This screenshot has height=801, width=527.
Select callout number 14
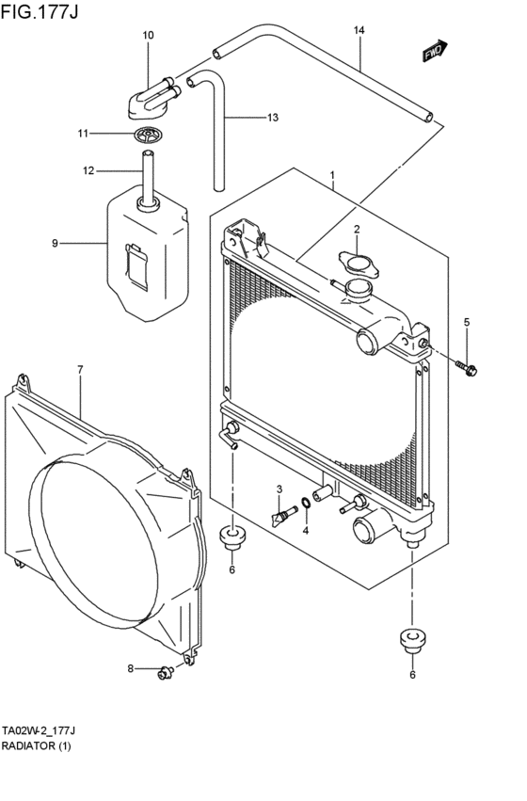pyautogui.click(x=359, y=30)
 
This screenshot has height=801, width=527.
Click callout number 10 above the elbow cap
pyautogui.click(x=148, y=35)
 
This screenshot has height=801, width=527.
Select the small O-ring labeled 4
pyautogui.click(x=306, y=502)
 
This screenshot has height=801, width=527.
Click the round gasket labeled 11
pyautogui.click(x=149, y=136)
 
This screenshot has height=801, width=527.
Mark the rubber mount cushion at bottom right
pyautogui.click(x=411, y=639)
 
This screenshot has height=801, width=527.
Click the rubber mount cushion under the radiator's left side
pyautogui.click(x=232, y=539)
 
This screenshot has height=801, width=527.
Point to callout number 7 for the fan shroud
pyautogui.click(x=80, y=369)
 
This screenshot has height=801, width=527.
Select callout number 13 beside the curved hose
pyautogui.click(x=272, y=118)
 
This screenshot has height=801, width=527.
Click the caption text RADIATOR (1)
pyautogui.click(x=37, y=746)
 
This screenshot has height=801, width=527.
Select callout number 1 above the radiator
pyautogui.click(x=331, y=176)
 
